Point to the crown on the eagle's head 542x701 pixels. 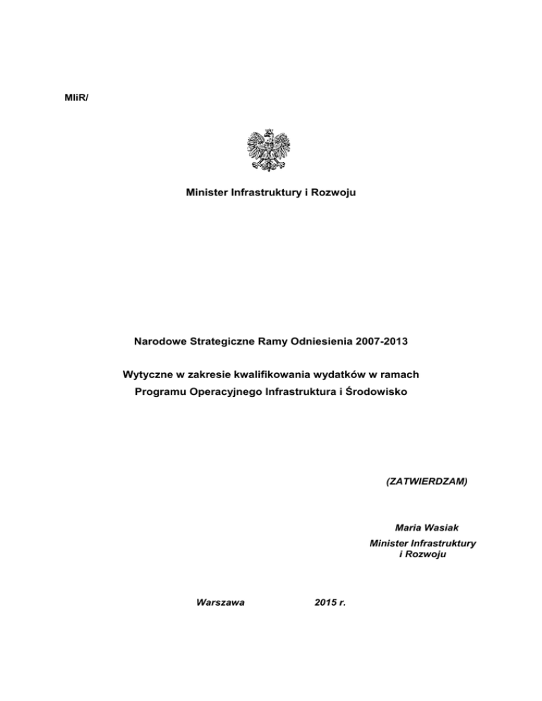pos(269,131)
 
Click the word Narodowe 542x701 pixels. pos(159,341)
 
